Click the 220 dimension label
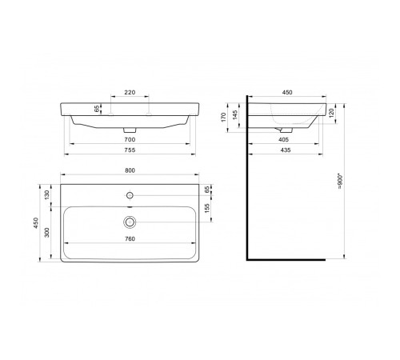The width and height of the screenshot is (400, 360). (130, 92)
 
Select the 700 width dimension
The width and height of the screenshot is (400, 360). (130, 139)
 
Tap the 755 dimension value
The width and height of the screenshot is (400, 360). (130, 150)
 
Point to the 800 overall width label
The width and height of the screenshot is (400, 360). (130, 170)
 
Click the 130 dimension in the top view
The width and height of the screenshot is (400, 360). (47, 195)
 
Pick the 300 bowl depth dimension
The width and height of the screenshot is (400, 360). (47, 233)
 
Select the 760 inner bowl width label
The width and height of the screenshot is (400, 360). (130, 239)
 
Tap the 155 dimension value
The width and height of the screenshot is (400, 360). (207, 209)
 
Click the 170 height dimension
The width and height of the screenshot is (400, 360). (223, 117)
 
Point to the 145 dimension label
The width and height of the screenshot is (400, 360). (235, 115)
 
